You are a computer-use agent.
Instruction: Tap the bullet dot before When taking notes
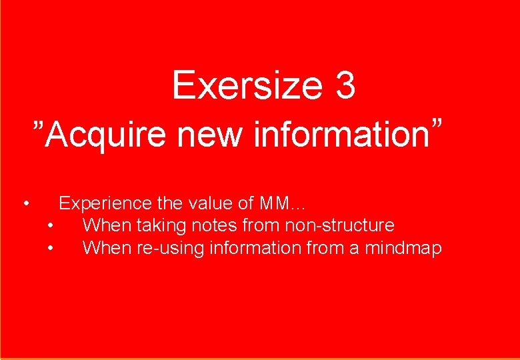52,226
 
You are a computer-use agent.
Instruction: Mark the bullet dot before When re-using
52,249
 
